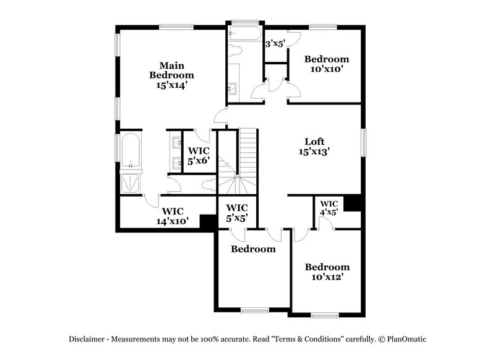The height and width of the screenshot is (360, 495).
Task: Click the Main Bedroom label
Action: pos(167,70)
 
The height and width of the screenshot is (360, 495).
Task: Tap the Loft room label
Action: pos(314,141)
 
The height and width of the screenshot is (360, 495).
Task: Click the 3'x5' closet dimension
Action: pos(274,44)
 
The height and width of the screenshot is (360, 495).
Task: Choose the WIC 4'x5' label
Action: pos(329,207)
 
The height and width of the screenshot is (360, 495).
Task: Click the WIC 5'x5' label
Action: pos(237,213)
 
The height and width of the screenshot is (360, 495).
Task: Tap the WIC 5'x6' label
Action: pos(199,155)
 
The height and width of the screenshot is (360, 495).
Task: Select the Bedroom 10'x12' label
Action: pos(327,272)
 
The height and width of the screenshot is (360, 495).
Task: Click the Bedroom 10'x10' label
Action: pos(326,64)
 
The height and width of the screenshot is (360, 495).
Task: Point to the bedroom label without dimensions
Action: pos(253,249)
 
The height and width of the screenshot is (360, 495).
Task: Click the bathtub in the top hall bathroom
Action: pos(244,33)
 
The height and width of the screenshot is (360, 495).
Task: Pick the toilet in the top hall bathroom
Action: pos(235,51)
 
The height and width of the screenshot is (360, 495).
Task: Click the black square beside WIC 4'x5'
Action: pos(353,203)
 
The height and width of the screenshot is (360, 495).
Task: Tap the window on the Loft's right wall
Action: pos(364,143)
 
